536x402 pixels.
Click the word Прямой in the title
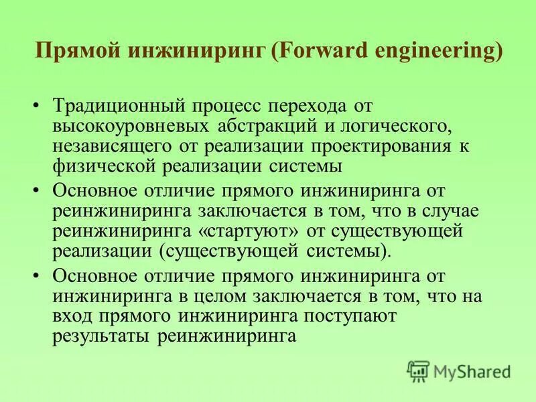pyautogui.click(x=74, y=52)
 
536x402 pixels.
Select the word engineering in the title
pyautogui.click(x=435, y=52)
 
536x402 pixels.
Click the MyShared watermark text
pyautogui.click(x=472, y=371)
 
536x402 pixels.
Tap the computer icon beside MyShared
pyautogui.click(x=418, y=371)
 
